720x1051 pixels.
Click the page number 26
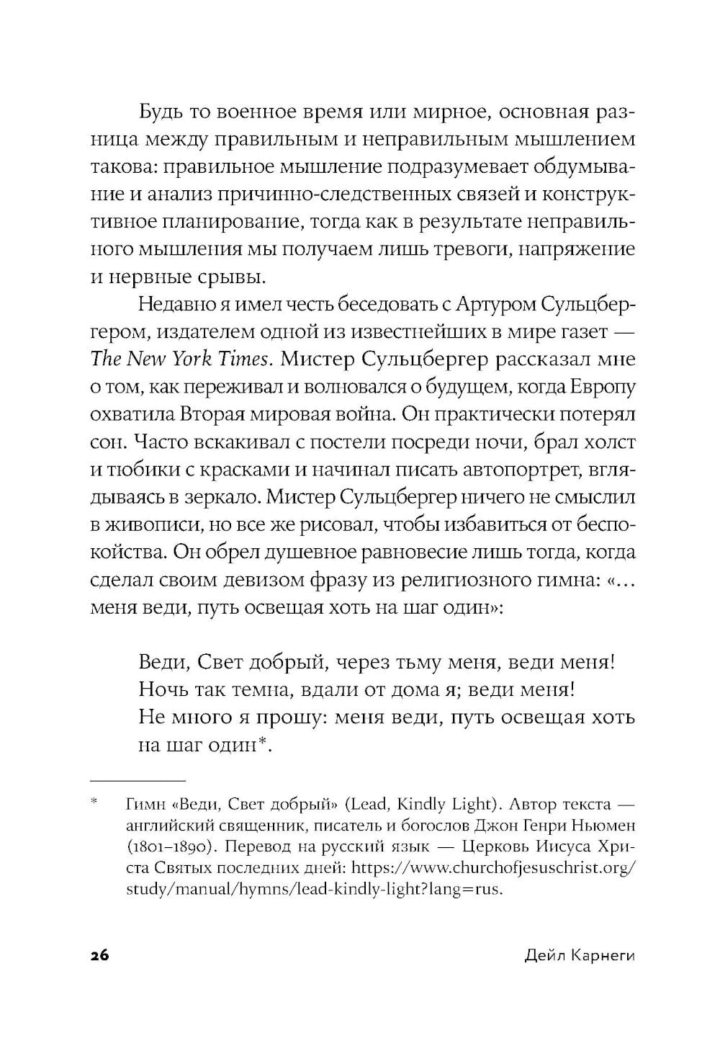99,957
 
